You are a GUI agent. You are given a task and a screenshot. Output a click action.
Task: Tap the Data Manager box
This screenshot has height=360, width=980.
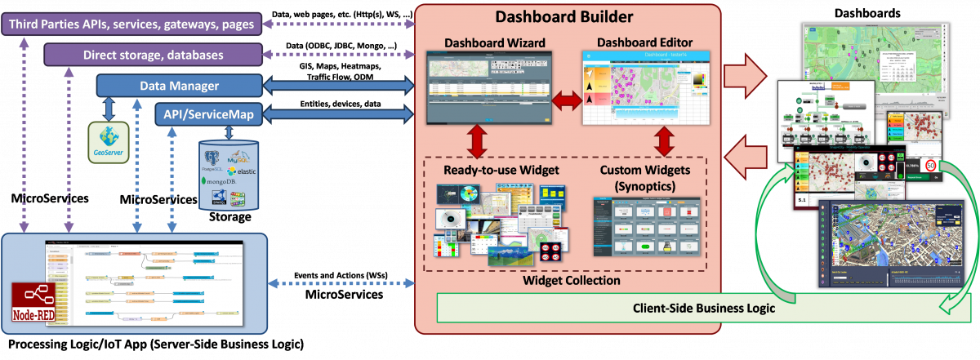click(180, 85)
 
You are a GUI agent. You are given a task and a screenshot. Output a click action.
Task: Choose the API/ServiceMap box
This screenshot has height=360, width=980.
click(209, 114)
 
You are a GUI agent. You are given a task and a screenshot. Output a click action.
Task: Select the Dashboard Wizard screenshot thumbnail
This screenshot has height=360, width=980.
click(489, 87)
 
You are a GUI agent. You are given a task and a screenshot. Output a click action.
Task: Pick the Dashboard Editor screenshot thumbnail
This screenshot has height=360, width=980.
click(646, 87)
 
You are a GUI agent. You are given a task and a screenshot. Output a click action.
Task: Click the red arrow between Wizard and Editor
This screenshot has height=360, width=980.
click(568, 100)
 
